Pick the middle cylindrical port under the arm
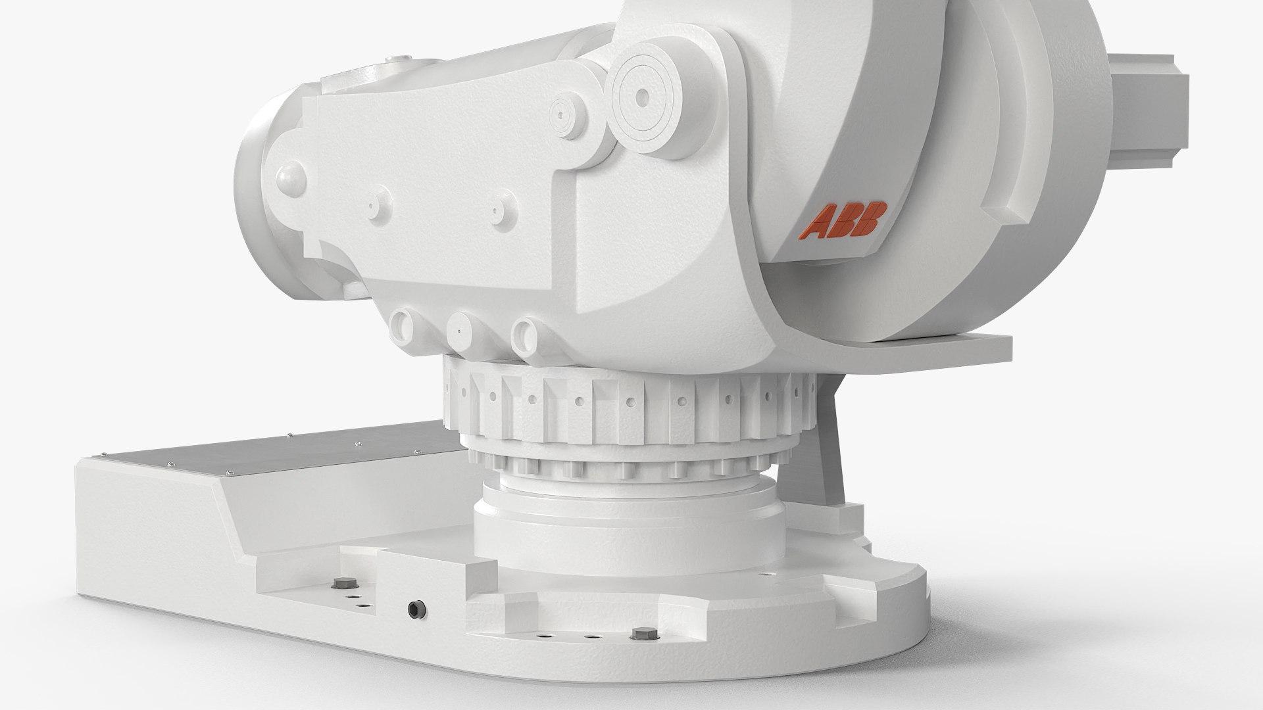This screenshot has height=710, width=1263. tap(460, 332)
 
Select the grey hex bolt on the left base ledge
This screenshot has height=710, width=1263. tap(343, 583)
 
